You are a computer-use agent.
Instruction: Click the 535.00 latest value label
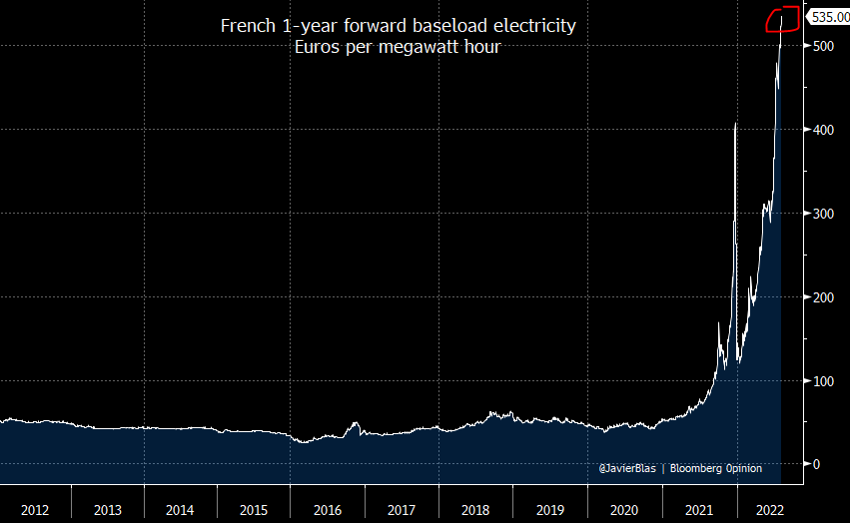click(828, 17)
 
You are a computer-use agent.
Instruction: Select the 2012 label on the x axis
click(35, 510)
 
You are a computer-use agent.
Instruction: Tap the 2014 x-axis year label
click(181, 510)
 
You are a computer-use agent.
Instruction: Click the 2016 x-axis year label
click(328, 510)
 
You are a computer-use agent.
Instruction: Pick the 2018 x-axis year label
click(475, 510)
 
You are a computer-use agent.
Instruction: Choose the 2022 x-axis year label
click(770, 510)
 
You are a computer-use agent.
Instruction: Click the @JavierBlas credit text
click(628, 467)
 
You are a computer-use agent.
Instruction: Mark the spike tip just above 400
click(735, 123)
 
